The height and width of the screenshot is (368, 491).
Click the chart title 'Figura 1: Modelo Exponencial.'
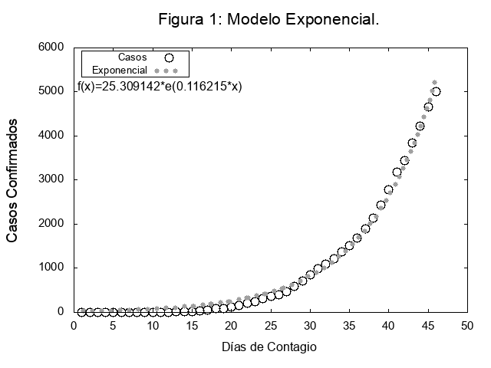tap(269, 18)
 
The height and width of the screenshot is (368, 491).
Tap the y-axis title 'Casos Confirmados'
tap(12, 181)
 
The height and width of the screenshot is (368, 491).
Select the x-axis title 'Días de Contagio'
tap(269, 347)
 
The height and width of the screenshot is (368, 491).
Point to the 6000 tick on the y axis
tap(51, 48)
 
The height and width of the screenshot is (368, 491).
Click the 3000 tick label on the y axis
tap(51, 180)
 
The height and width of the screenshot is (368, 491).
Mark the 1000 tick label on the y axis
tap(51, 268)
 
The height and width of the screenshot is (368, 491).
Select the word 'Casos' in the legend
tap(133, 57)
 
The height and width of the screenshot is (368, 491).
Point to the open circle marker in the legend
tap(170, 57)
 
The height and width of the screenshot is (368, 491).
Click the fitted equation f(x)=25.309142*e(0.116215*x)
tap(160, 87)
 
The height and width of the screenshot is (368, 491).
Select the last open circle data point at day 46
tap(436, 91)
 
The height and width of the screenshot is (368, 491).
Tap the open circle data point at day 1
tap(81, 312)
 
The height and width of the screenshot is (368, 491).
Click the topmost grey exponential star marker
tap(434, 82)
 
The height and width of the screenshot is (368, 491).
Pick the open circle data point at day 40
tap(388, 190)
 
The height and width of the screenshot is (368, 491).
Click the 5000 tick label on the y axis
tap(51, 91)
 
